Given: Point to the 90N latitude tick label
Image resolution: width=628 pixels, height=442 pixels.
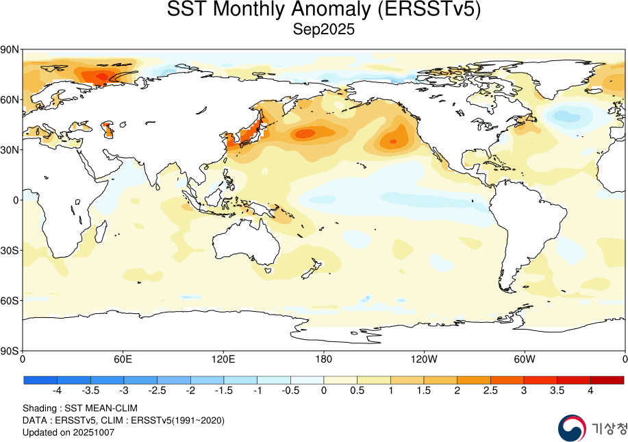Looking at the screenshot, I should [10, 49].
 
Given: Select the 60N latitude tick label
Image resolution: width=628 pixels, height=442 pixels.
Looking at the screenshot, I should [10, 99].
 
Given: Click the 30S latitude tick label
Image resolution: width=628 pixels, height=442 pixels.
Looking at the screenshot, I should [10, 250].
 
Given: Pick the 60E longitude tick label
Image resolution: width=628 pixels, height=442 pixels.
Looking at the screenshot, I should [123, 358].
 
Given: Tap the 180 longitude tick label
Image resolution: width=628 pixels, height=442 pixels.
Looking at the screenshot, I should [324, 358].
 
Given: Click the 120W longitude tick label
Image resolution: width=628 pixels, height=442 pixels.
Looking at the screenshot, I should [424, 358].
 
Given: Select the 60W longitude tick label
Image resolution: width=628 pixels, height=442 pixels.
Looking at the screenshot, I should [524, 358].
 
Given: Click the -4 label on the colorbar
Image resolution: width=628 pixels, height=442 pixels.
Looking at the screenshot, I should [57, 391].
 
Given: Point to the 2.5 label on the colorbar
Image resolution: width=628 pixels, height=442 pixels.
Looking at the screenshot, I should [490, 391].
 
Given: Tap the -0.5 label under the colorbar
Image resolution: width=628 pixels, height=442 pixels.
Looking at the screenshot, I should [290, 391].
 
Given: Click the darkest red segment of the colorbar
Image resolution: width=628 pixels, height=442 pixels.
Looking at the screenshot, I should [607, 380].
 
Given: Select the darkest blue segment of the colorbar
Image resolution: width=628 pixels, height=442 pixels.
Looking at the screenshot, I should [40, 380].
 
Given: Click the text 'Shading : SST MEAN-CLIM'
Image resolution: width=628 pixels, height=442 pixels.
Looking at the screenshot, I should [80, 408].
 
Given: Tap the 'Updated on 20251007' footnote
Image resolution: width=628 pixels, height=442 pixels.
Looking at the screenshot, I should [68, 432].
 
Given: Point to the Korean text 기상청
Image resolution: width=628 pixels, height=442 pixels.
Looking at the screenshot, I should [608, 429].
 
